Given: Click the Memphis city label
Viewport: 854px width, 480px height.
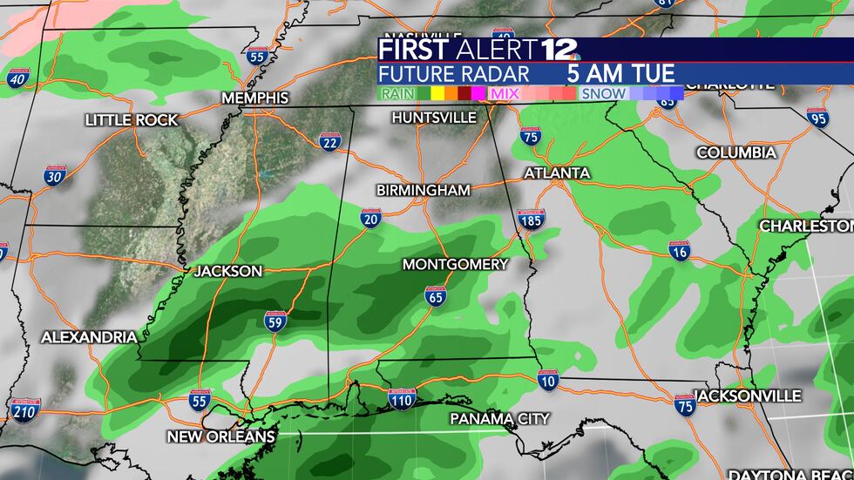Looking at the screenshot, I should pos(255,98).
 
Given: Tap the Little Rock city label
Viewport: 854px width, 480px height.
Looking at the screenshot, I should pos(132,120).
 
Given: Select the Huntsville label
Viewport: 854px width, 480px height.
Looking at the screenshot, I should pos(434,117).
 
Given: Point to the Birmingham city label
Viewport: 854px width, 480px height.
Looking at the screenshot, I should pos(424,190).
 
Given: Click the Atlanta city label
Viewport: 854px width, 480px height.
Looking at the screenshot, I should pos(557,173).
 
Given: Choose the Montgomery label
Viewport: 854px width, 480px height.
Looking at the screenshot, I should pos(455,264).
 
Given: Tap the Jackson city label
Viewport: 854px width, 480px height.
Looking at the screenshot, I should pos(227,271).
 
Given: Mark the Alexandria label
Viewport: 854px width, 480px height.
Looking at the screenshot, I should pos(89,337).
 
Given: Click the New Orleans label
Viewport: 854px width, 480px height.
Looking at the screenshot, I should pos(221,436).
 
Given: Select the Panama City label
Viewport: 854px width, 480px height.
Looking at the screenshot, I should pos(499,419).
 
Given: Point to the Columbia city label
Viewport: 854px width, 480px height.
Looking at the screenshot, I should pos(736,153).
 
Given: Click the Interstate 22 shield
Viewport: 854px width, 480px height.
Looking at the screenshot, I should pos(329,143).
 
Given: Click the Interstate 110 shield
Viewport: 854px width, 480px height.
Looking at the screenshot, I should pos(401,399).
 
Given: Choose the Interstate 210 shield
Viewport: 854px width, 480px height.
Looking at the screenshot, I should pos(26,408).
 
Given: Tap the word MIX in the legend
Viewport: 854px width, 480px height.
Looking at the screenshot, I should pos(505,92).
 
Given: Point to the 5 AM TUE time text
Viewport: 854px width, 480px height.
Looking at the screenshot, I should pos(620,73).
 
